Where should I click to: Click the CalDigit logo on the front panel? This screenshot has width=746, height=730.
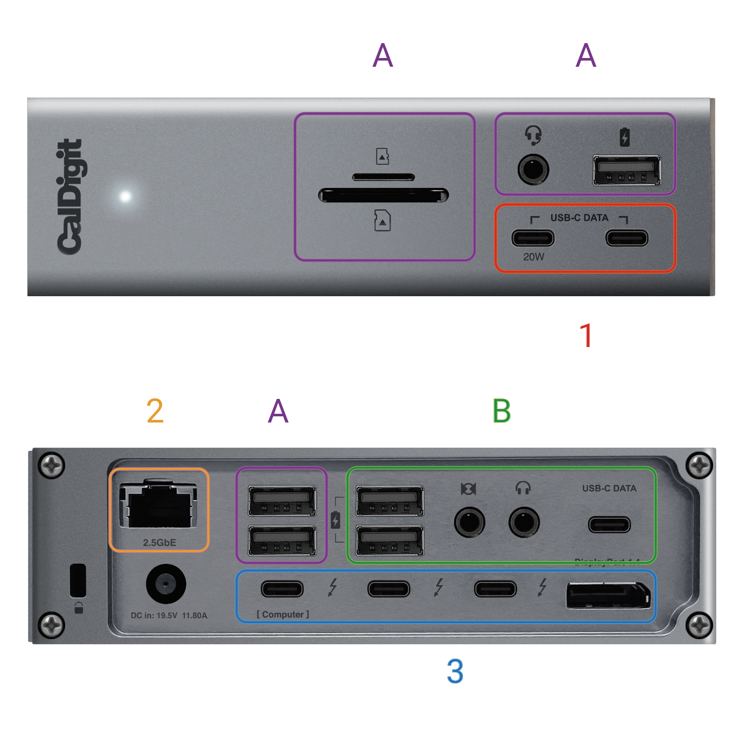click(x=70, y=197)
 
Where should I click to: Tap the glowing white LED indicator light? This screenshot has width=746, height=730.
click(x=125, y=196)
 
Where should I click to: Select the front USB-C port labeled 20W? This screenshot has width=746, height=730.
click(x=533, y=238)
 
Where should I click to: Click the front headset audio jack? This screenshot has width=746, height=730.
click(x=533, y=169)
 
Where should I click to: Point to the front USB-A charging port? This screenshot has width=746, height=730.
click(x=626, y=170)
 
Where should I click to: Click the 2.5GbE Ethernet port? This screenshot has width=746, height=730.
click(x=159, y=506)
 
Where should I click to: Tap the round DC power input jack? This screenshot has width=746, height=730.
click(x=166, y=584)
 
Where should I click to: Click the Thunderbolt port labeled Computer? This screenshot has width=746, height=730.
click(x=282, y=588)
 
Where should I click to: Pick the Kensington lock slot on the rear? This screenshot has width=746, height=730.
click(x=78, y=580)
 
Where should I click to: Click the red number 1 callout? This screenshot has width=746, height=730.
click(x=585, y=336)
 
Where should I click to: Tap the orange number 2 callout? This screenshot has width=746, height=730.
click(x=155, y=411)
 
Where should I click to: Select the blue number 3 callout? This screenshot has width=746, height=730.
click(x=455, y=671)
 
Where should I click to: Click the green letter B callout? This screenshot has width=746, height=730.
click(x=501, y=411)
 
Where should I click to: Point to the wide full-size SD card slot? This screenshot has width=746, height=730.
click(x=383, y=196)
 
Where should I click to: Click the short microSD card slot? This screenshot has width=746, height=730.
click(x=383, y=177)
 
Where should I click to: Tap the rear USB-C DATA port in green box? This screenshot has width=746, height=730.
click(x=609, y=525)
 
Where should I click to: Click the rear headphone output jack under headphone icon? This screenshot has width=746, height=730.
click(x=523, y=522)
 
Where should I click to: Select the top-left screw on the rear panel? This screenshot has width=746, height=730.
click(x=51, y=466)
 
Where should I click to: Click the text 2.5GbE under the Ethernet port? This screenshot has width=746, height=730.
click(x=159, y=543)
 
